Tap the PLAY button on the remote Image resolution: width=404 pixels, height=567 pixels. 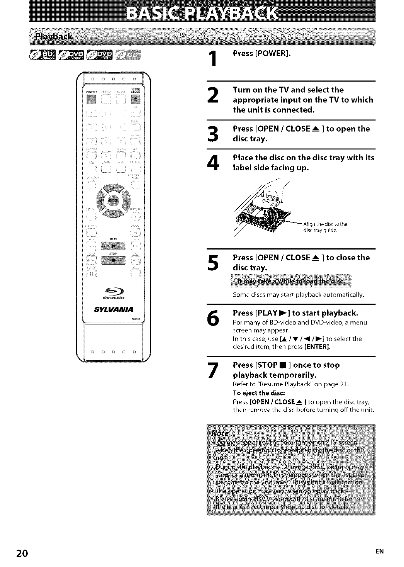[x=113, y=246]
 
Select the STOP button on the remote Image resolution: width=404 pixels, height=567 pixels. [x=113, y=261]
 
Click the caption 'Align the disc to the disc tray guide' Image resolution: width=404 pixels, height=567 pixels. [x=325, y=227]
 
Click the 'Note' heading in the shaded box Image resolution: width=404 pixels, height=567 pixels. [x=221, y=433]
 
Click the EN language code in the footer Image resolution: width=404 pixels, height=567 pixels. [x=380, y=552]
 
